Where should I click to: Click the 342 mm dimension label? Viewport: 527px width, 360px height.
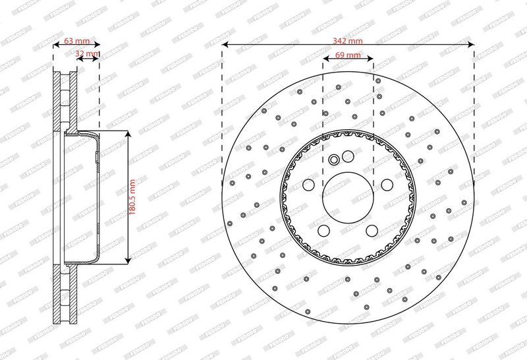[x=348, y=41]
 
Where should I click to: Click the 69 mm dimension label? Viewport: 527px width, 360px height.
[x=348, y=55]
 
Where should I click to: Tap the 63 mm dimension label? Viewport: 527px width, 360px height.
[x=76, y=41]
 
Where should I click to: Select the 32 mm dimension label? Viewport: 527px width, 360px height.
[x=88, y=53]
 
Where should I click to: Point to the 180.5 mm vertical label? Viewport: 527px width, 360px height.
[x=132, y=197]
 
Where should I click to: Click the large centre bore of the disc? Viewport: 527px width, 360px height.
[x=348, y=197]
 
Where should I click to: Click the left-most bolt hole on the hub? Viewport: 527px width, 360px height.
[x=308, y=185]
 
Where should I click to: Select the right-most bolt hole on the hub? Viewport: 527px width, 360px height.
[x=387, y=185]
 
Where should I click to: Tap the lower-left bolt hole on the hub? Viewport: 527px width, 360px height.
[x=323, y=231]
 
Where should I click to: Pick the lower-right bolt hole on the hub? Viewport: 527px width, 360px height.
[x=372, y=231]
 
